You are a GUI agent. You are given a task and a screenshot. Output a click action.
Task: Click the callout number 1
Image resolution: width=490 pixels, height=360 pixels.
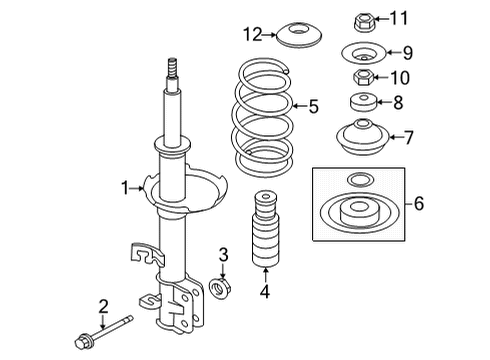(x=125, y=186)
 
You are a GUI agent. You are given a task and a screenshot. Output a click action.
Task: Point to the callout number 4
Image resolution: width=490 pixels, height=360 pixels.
(x=264, y=293)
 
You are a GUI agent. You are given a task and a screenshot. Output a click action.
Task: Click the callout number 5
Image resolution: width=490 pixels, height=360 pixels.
(x=313, y=104)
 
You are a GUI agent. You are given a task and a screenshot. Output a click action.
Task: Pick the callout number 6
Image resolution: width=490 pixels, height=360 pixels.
(x=419, y=203)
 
